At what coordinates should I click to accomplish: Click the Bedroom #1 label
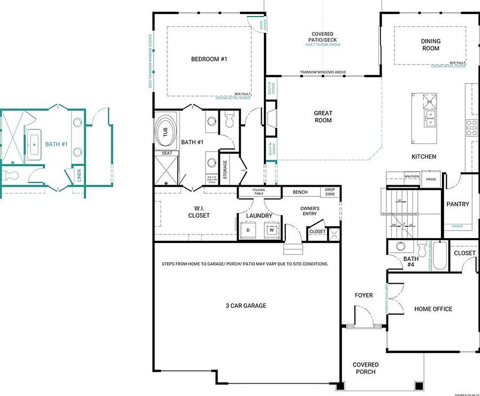pos(209,59)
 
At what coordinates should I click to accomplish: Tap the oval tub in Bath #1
pos(166,131)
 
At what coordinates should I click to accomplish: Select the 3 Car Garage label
pos(246,306)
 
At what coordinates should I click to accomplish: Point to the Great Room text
pos(323,117)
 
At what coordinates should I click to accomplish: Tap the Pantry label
pos(458,204)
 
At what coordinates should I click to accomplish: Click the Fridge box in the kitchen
pos(431,179)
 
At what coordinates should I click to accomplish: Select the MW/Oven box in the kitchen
pos(412,176)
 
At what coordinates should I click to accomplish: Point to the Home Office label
pos(433,309)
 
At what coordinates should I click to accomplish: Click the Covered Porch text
pos(365,368)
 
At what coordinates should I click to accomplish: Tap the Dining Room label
pos(430,45)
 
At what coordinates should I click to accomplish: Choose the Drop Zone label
pos(330,192)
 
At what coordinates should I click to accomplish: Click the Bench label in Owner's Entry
pos(300,192)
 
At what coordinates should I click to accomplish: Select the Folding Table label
pos(259,192)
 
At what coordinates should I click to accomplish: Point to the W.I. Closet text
pos(199,212)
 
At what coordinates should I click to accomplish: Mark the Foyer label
pos(364,295)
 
